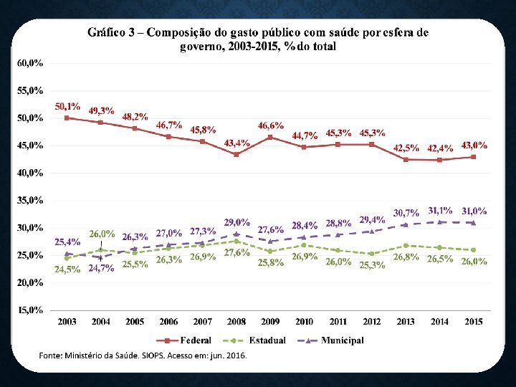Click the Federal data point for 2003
tap(67, 118)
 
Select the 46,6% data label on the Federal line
tap(271, 125)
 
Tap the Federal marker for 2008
tap(236, 154)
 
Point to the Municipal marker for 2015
tap(473, 222)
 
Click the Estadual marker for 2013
tap(406, 246)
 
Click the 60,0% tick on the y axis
tap(29, 63)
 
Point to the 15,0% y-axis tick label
tap(29, 310)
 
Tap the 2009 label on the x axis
tap(270, 322)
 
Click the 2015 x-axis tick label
tap(473, 322)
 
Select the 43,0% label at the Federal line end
tap(474, 145)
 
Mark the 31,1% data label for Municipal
tap(440, 211)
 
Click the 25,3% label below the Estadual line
tap(372, 265)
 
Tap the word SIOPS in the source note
tap(148, 355)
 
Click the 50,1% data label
tap(68, 106)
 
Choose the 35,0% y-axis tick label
tap(29, 200)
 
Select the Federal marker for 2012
tap(372, 144)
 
